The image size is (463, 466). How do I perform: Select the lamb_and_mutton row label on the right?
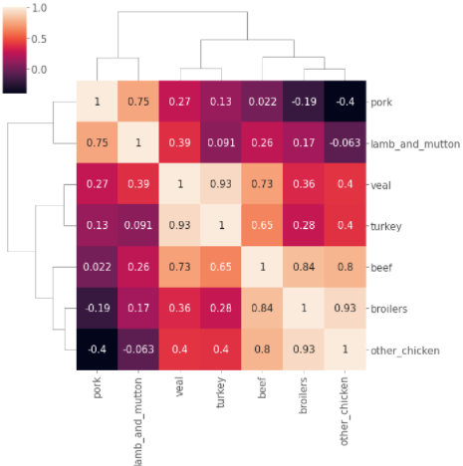coord(415,143)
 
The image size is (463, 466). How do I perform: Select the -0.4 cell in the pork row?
coord(345,102)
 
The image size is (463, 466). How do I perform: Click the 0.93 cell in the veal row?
coord(221,185)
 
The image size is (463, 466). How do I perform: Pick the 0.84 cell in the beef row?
coord(304,268)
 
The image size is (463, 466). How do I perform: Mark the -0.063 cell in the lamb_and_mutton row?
coord(345,143)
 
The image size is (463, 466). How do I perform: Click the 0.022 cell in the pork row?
coord(263,102)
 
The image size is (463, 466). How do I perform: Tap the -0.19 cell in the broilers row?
coord(98,310)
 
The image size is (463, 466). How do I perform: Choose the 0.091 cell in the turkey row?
coord(138,226)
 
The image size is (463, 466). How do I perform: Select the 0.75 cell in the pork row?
coord(138,102)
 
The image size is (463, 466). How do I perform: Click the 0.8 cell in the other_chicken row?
coord(263,351)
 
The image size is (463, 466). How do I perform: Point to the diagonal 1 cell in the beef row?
coord(263,268)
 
